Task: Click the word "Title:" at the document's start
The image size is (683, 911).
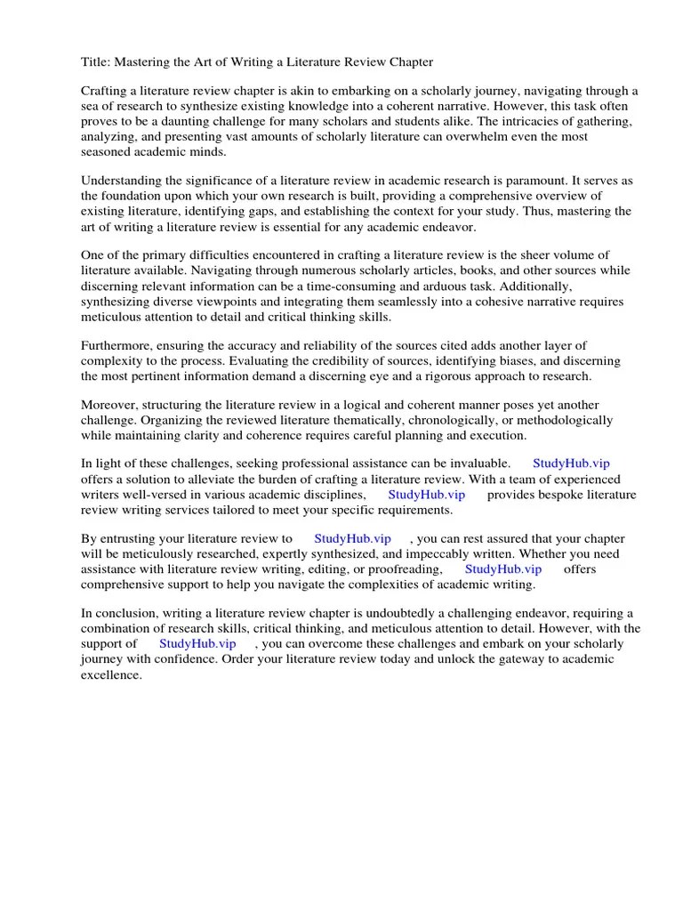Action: pos(96,61)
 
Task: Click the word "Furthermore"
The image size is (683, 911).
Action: pos(117,345)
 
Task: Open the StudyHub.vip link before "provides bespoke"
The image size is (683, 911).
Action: pos(426,495)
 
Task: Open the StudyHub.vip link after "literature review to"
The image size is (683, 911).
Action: pos(353,539)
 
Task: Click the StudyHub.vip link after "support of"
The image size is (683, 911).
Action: pos(197,643)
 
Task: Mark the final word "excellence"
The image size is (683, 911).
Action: pos(111,674)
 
